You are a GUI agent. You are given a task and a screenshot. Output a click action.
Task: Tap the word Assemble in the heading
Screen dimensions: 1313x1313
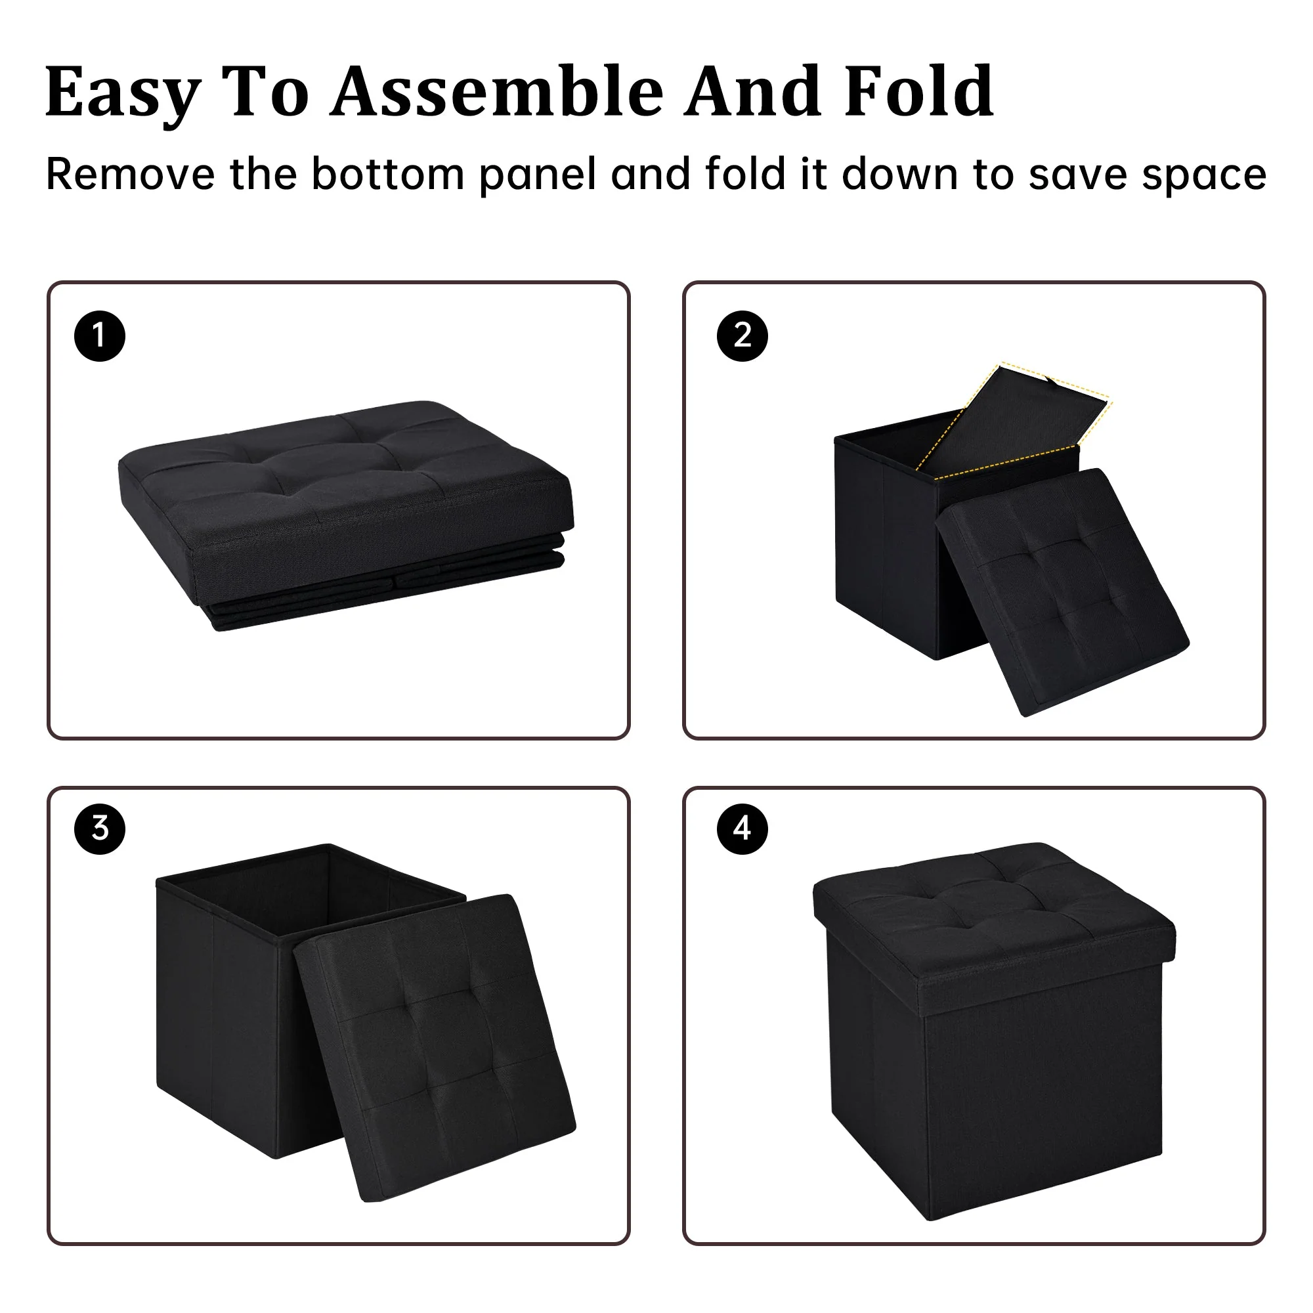[497, 91]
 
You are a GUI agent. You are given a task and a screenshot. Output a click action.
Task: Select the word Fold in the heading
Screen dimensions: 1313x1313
[920, 91]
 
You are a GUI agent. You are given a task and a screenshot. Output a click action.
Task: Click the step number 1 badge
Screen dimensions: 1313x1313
[100, 335]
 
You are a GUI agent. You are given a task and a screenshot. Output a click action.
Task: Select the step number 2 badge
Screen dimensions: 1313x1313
[742, 335]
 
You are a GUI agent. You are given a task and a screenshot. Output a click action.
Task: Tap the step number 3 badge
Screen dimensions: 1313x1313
[100, 829]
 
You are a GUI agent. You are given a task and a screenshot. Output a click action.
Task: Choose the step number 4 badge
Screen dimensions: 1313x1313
[742, 829]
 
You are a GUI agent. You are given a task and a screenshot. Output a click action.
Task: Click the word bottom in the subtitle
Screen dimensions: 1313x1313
[388, 174]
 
